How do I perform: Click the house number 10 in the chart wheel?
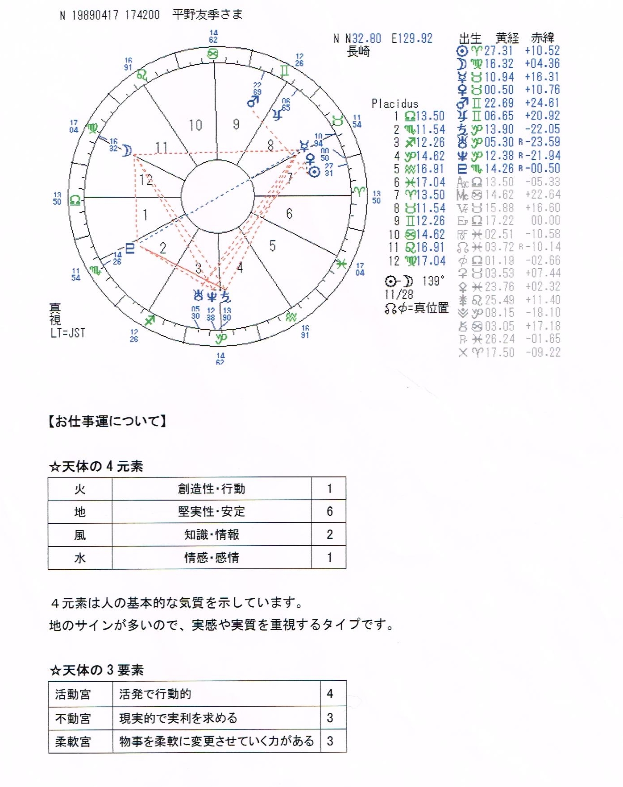pyautogui.click(x=195, y=125)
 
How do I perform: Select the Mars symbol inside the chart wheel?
pyautogui.click(x=253, y=102)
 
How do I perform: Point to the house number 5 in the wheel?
pyautogui.click(x=272, y=246)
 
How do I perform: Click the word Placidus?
pyautogui.click(x=395, y=104)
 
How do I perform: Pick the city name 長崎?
pyautogui.click(x=358, y=52)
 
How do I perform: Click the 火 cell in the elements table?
pyautogui.click(x=80, y=489)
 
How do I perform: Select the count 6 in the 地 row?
pyautogui.click(x=329, y=512)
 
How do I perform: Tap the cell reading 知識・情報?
pyautogui.click(x=212, y=534)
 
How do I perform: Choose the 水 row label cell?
pyautogui.click(x=80, y=558)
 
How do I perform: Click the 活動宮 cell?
pyautogui.click(x=73, y=694)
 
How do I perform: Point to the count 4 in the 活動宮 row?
pyautogui.click(x=330, y=694)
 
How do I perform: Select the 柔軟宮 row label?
pyautogui.click(x=73, y=741)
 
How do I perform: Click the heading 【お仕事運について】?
pyautogui.click(x=108, y=421)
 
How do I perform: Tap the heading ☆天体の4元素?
pyautogui.click(x=96, y=467)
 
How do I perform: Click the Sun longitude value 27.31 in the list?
pyautogui.click(x=498, y=51)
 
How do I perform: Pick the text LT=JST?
pyautogui.click(x=68, y=333)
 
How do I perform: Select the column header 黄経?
pyautogui.click(x=507, y=38)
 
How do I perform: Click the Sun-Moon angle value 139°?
pyautogui.click(x=433, y=281)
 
